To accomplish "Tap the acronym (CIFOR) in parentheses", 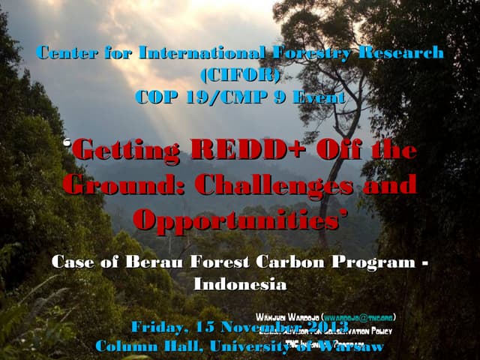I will pos(240,75).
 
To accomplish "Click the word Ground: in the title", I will pos(119,183).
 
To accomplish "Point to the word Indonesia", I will pos(240,284).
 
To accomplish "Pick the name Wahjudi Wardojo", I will pos(287,316).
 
